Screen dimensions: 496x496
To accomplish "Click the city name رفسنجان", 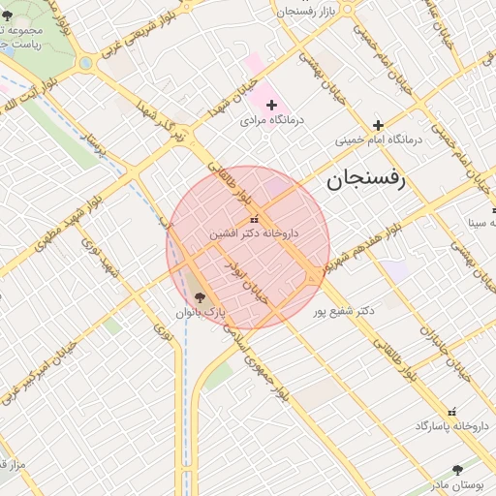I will click(x=370, y=178).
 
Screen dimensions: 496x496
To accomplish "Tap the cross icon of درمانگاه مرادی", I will click(x=271, y=105).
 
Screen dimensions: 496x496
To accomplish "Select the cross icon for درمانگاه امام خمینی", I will click(x=378, y=124).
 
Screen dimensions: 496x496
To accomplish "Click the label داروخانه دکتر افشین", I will click(x=254, y=233).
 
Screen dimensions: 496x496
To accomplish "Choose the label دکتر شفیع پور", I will click(x=344, y=312).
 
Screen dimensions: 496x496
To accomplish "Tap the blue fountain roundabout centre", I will click(x=86, y=64).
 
